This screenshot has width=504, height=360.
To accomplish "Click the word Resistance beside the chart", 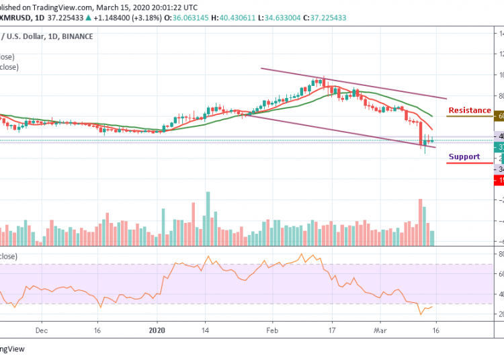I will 470,110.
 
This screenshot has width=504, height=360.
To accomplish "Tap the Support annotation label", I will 464,156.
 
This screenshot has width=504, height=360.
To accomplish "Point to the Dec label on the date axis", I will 41,330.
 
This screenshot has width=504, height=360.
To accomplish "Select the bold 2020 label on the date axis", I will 157,330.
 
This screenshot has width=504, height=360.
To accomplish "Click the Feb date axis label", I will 271,330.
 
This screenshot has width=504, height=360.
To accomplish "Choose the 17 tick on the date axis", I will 331,330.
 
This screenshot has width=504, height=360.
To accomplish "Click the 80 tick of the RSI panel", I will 500,255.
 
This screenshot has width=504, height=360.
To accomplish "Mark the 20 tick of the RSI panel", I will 500,314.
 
